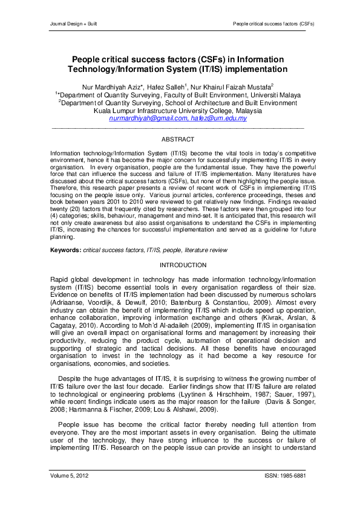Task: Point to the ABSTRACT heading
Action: (x=180, y=139)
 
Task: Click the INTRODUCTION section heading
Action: (x=180, y=265)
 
